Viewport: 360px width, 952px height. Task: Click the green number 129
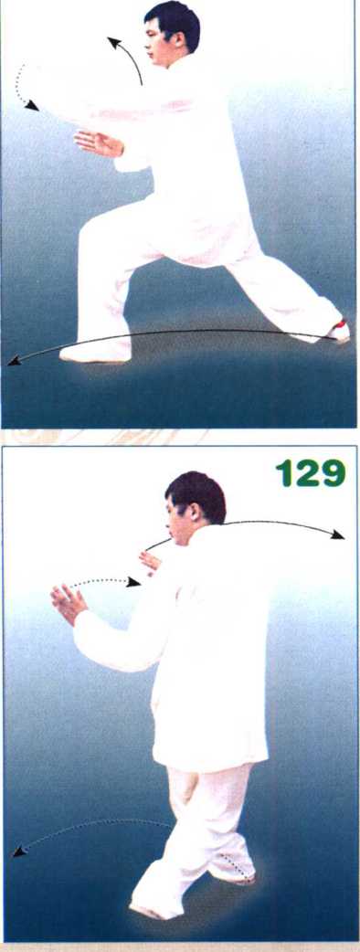[311, 472]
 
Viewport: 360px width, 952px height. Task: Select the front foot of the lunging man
[94, 354]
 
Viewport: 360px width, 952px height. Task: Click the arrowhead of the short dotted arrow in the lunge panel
[32, 106]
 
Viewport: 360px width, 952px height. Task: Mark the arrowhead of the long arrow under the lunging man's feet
[15, 362]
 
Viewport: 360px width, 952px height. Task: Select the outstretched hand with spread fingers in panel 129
[69, 604]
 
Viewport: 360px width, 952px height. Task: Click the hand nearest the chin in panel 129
[150, 562]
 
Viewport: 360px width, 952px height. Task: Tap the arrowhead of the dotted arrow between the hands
[133, 583]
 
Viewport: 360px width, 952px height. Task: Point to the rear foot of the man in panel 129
[234, 874]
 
